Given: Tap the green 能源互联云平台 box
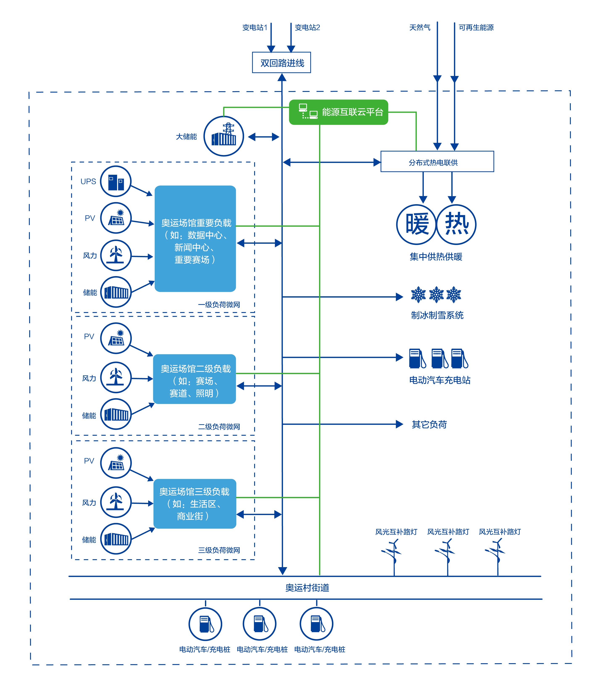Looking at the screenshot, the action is [x=338, y=112].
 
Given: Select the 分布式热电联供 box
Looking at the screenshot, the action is [x=437, y=161].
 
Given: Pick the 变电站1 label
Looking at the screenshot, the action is [x=255, y=28].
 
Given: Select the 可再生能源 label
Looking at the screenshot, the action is [x=476, y=28].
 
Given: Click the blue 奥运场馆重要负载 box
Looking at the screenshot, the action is [x=195, y=239].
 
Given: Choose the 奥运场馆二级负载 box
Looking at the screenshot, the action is [x=195, y=379].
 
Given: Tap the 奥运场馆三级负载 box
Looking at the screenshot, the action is [x=195, y=504].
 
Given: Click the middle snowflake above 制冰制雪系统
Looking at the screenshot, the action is [x=436, y=294].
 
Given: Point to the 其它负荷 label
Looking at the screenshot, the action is [x=429, y=424].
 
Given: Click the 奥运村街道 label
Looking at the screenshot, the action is [x=307, y=588].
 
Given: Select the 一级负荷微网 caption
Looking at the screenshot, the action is [x=219, y=305].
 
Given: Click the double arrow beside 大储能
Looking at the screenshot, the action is [x=264, y=137].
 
